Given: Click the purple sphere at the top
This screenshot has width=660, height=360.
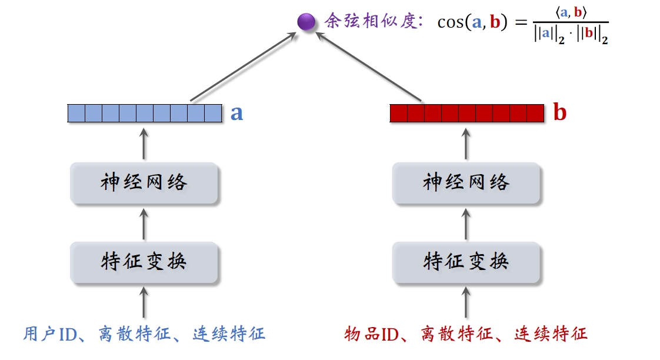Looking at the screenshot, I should (x=306, y=22).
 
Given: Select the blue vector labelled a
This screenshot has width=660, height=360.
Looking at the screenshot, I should (x=145, y=113).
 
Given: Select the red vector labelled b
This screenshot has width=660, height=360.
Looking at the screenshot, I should (x=467, y=113).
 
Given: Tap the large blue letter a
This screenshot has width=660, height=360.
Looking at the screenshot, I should (x=236, y=112).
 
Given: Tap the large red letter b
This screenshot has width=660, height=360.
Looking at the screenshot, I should (x=560, y=112).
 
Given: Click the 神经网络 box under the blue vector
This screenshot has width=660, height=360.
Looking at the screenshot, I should (x=144, y=183).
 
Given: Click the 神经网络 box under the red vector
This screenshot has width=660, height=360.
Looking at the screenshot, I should (x=466, y=183).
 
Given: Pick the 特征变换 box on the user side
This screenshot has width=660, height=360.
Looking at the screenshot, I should (x=144, y=261).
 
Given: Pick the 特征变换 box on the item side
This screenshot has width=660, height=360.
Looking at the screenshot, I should (x=466, y=261).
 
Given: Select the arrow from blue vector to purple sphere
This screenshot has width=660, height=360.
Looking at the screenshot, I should (x=242, y=66).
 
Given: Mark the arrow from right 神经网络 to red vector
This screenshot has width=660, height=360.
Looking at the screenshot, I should (x=466, y=143).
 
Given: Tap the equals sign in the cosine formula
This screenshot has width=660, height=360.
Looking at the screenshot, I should (x=521, y=23).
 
